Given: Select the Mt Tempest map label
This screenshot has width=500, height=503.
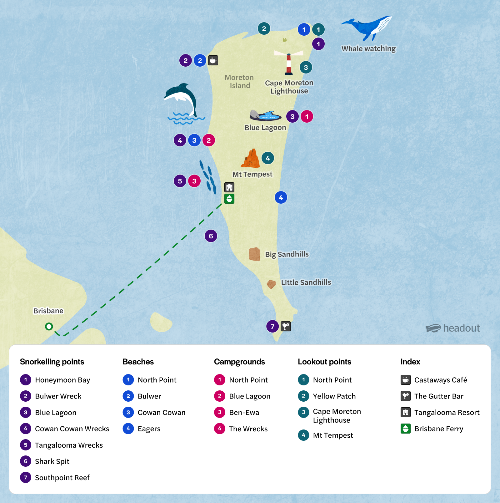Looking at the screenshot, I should click(252, 174).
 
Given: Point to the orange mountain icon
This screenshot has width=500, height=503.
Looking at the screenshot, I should click(251, 159).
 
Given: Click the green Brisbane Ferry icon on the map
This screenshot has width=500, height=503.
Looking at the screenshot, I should click(229, 199).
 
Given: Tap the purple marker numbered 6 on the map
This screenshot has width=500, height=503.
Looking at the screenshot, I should click(211, 236).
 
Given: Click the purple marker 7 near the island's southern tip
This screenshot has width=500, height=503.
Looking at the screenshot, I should click(272, 327).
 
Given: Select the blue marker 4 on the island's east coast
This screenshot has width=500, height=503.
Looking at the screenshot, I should click(281, 197).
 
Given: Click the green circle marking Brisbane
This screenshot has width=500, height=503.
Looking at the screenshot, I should click(49, 327).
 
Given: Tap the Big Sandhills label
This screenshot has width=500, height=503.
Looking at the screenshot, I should click(287, 254).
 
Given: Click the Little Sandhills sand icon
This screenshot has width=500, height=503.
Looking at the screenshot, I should click(271, 284).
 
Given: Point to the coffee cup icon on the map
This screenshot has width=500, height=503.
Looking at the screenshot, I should click(213, 60).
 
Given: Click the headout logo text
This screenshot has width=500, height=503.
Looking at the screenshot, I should click(461, 328).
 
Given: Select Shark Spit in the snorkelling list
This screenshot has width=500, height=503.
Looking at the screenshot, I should click(52, 461).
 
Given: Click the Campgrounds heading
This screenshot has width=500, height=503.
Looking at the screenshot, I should click(239, 362).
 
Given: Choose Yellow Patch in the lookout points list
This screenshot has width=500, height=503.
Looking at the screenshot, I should click(334, 396).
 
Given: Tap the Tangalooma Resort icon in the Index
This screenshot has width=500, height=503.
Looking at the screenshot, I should click(406, 412).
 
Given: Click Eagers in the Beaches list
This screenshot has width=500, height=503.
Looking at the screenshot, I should click(149, 429).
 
